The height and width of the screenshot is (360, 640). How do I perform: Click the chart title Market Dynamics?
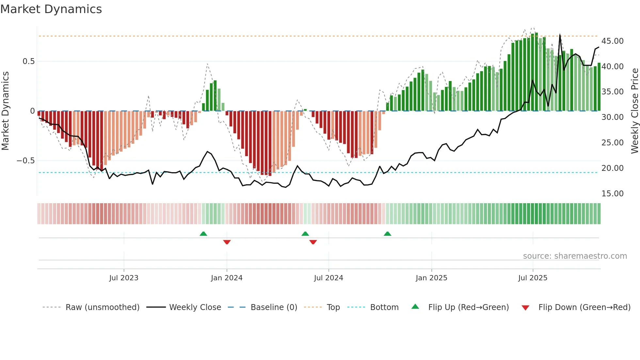click(x=51, y=9)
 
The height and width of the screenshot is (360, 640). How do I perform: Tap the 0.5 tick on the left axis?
click(x=28, y=61)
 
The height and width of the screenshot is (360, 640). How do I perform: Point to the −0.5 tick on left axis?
click(x=25, y=161)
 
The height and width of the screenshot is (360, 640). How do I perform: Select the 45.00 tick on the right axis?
click(x=612, y=41)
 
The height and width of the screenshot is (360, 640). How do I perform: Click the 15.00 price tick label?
click(x=612, y=194)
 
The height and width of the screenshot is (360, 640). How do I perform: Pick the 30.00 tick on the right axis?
click(x=612, y=117)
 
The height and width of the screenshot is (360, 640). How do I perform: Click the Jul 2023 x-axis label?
click(x=124, y=278)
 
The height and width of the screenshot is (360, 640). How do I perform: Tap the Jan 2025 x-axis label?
click(x=431, y=278)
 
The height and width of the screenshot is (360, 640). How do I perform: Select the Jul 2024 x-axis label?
click(x=328, y=278)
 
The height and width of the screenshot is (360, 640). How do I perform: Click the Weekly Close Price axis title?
click(x=634, y=111)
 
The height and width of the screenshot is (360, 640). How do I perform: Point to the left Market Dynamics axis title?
click(x=5, y=111)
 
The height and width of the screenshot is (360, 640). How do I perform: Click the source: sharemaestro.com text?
click(x=575, y=256)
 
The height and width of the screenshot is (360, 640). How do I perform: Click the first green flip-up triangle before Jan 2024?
click(x=203, y=234)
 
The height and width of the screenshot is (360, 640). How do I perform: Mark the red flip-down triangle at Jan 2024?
click(x=227, y=242)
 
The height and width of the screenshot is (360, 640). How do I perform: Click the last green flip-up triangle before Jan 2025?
click(x=387, y=234)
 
